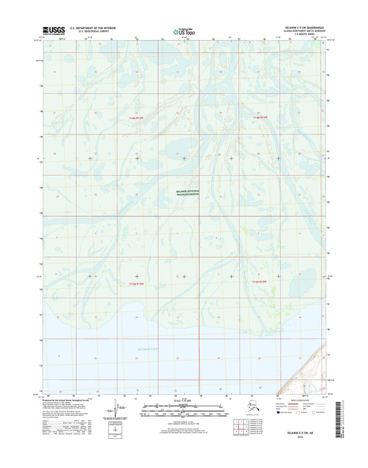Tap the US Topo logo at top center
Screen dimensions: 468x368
coord(183,30)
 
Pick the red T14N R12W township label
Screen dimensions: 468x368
coord(258,118)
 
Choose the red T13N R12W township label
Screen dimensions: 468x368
coord(258,282)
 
